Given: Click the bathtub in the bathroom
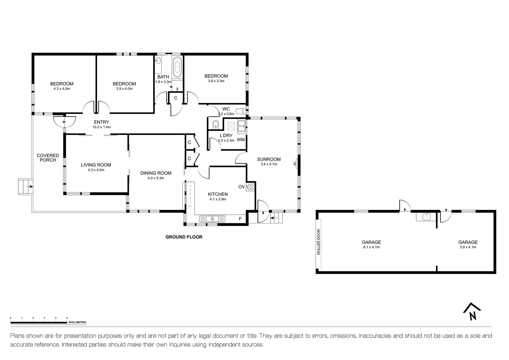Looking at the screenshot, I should pyautogui.click(x=177, y=67).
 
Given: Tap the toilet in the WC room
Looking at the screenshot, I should pyautogui.click(x=241, y=111).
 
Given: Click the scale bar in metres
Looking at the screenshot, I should pyautogui.click(x=39, y=322).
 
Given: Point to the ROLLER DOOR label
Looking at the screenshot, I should pyautogui.click(x=318, y=242).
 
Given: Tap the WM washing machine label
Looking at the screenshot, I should pyautogui.click(x=241, y=140).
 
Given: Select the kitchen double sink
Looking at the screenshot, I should pyautogui.click(x=212, y=219).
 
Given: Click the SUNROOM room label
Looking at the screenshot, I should pyautogui.click(x=269, y=159).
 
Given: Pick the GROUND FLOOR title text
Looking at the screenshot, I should pyautogui.click(x=184, y=237).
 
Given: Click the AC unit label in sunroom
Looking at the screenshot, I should pyautogui.click(x=294, y=164).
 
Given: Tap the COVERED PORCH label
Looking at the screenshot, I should pyautogui.click(x=48, y=158).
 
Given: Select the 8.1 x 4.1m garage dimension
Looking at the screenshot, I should pyautogui.click(x=371, y=247).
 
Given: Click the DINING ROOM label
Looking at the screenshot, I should pyautogui.click(x=156, y=173).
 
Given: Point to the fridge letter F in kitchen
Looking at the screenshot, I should pyautogui.click(x=240, y=219).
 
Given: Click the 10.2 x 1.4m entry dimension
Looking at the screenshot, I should pyautogui.click(x=102, y=127).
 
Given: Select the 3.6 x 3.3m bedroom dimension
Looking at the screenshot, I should pyautogui.click(x=216, y=81).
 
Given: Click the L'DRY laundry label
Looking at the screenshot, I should pyautogui.click(x=226, y=135).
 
